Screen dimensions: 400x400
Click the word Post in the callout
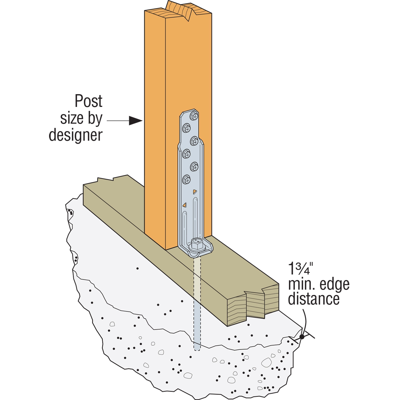(x=89, y=101)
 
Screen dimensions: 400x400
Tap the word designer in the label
(x=76, y=135)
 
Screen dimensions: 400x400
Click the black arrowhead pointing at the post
(x=135, y=121)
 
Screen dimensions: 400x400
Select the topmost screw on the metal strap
(x=194, y=116)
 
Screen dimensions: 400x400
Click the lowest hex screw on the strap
(x=186, y=179)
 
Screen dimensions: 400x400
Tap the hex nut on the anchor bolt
(x=197, y=243)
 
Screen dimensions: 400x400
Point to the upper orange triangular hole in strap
(x=195, y=191)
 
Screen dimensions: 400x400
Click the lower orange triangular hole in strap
(x=184, y=205)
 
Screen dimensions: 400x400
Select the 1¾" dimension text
(x=300, y=269)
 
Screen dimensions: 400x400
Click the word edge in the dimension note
(x=334, y=285)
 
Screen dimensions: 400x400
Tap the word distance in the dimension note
(x=314, y=299)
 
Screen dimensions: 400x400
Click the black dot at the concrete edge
(x=302, y=337)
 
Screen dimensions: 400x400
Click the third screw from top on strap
(x=194, y=141)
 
